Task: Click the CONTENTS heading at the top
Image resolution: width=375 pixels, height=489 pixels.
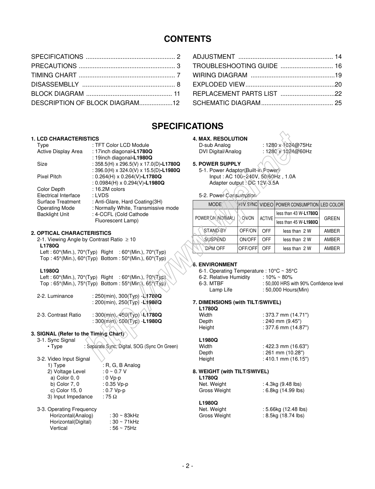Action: tap(187, 39)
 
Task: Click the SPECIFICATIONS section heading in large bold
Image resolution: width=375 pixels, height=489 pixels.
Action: tap(187, 126)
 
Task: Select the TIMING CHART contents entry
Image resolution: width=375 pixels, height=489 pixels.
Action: tap(54, 75)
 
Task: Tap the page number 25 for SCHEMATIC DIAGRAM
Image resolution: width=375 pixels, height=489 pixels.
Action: tap(338, 103)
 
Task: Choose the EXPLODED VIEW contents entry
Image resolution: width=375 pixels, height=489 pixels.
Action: tap(219, 84)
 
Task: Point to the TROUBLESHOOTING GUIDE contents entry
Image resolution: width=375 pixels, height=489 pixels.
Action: tap(235, 66)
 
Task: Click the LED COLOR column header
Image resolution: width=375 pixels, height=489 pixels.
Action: tap(332, 205)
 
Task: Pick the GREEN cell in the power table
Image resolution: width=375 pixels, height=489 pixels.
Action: tap(332, 218)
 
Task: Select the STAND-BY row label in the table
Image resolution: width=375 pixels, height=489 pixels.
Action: tap(215, 231)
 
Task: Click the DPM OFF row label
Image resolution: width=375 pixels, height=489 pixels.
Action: tap(215, 249)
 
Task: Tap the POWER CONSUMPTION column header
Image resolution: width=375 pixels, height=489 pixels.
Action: tap(297, 205)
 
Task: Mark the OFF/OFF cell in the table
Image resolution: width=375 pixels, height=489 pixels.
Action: tap(248, 249)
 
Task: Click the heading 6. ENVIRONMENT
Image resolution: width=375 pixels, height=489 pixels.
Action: tap(215, 264)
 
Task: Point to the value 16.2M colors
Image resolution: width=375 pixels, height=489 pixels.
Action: tap(110, 189)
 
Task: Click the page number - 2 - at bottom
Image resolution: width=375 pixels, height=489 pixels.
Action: tap(187, 466)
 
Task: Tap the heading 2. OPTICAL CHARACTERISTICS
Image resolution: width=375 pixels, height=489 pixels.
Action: tap(71, 233)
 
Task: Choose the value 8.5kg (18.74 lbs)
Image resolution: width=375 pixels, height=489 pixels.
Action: tap(284, 415)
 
